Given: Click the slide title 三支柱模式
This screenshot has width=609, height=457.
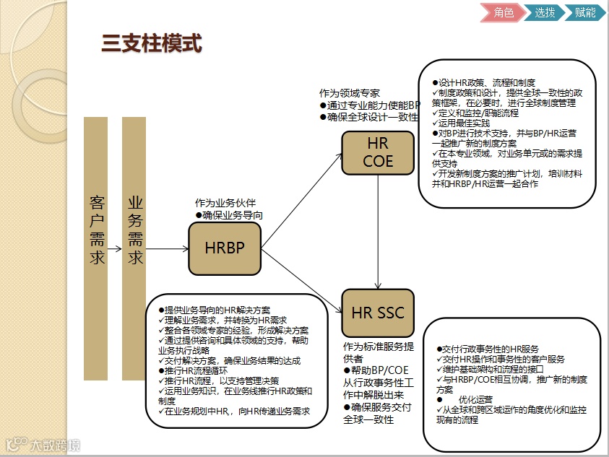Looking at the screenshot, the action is tap(151, 44).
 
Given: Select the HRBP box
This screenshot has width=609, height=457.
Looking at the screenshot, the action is tap(224, 248).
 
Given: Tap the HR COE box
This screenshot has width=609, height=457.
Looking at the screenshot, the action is tap(378, 152).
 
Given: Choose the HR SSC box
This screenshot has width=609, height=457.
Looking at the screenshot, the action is tap(378, 313).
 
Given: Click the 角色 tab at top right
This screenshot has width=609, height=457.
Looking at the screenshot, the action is tap(504, 12).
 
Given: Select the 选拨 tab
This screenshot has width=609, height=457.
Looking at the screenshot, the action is tap(545, 12).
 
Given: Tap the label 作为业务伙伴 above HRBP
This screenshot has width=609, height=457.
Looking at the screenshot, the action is tap(225, 204).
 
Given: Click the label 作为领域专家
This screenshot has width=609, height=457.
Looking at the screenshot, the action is tap(349, 93).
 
